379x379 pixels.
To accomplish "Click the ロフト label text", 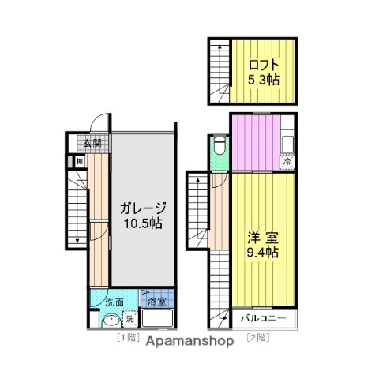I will tap(261, 64).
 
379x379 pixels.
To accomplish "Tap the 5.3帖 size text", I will tap(261, 79).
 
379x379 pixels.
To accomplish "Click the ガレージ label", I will tap(143, 208).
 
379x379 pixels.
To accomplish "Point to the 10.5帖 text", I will tap(143, 224).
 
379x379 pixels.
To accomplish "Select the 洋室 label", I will tap(260, 236).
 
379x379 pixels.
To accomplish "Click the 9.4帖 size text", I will tap(260, 253).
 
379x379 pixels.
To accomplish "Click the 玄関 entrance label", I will tap(93, 143).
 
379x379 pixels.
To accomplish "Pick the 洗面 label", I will tap(114, 301).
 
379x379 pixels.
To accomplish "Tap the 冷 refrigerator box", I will tap(288, 162).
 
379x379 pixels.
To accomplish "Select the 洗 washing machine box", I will tap(130, 320).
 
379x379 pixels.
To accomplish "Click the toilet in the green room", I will tap(220, 147).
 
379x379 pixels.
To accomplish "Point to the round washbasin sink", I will tap(110, 321).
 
